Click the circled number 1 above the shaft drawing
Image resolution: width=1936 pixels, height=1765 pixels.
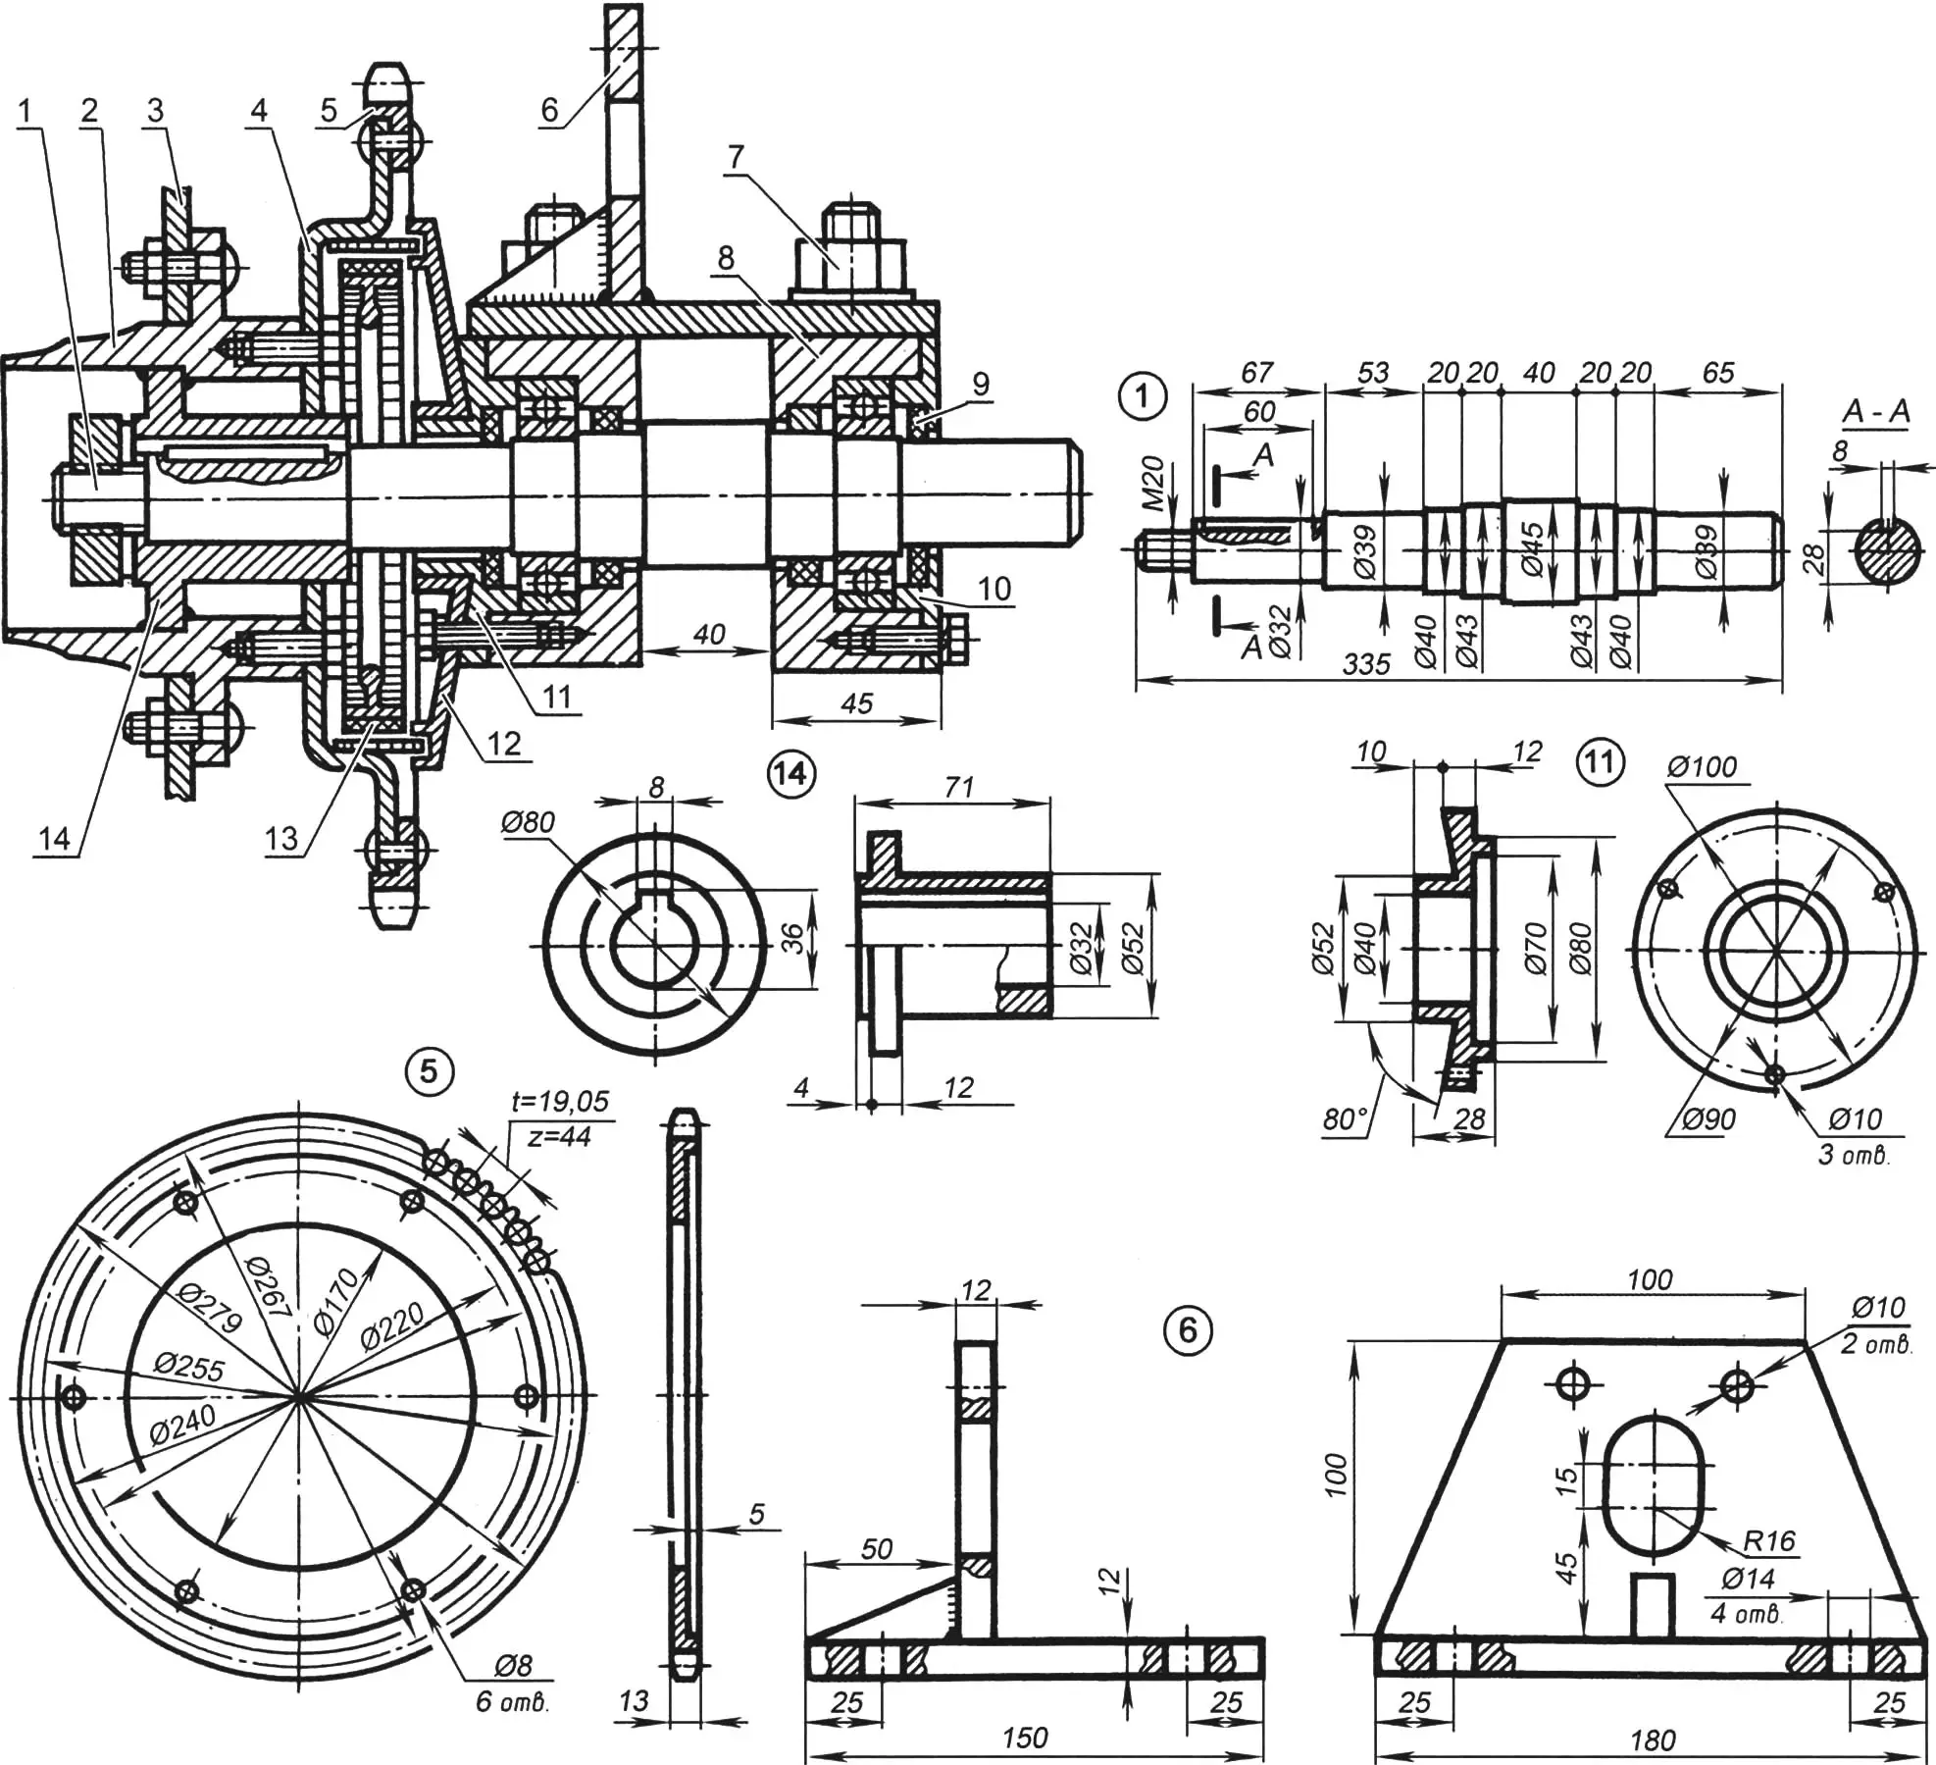pos(1141,398)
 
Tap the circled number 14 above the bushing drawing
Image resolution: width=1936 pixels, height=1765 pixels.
pos(790,775)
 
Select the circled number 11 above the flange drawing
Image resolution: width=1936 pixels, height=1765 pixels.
pos(1600,762)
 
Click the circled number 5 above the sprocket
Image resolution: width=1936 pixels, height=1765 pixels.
pos(429,1070)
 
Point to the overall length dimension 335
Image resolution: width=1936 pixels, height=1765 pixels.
pos(1366,664)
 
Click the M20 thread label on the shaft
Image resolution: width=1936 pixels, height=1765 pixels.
pos(1154,484)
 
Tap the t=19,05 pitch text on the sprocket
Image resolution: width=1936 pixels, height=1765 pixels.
pos(560,1101)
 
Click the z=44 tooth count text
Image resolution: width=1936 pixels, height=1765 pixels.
pos(558,1136)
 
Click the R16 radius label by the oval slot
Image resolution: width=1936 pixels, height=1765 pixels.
pos(1768,1541)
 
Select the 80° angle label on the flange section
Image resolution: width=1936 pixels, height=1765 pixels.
pos(1345,1119)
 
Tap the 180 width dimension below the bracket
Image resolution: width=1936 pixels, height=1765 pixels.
pos(1652,1740)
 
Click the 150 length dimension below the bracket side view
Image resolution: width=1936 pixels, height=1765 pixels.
pos(1025,1738)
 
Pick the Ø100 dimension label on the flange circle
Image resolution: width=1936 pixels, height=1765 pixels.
pos(1702,767)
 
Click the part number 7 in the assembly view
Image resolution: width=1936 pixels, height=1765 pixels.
pos(736,155)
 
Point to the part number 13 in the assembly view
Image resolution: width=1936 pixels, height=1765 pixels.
pos(280,838)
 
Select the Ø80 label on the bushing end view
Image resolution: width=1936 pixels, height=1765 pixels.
pos(528,822)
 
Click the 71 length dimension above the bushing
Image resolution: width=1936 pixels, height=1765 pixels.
pos(958,786)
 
